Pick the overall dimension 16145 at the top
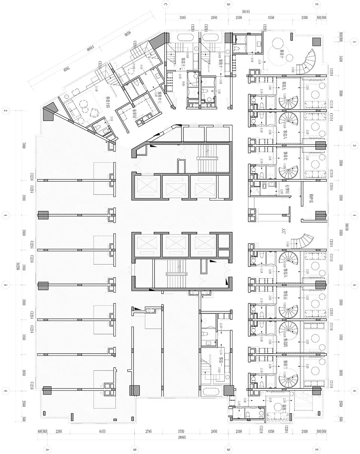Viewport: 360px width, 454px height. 246,12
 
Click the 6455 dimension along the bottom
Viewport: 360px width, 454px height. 102,432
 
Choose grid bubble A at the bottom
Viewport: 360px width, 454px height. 48,449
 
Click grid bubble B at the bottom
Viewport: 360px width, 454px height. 134,449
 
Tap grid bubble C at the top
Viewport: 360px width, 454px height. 165,4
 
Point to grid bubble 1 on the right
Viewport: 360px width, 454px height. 354,42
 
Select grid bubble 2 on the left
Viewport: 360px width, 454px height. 6,111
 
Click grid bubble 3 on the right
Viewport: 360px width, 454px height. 354,145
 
